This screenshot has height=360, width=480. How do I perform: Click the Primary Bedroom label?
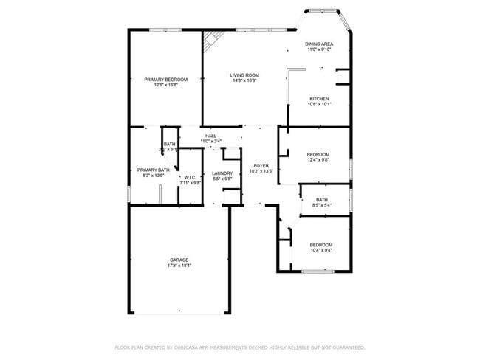pyautogui.click(x=165, y=79)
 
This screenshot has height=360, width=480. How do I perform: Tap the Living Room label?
pyautogui.click(x=244, y=75)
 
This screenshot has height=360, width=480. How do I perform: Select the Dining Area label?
pyautogui.click(x=319, y=44)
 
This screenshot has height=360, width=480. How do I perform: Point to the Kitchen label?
pyautogui.click(x=319, y=98)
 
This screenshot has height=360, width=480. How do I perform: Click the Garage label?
pyautogui.click(x=179, y=260)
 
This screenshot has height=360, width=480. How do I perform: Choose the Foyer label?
pyautogui.click(x=261, y=165)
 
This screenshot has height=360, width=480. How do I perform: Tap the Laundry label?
pyautogui.click(x=222, y=173)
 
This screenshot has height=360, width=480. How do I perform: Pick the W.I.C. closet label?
pyautogui.click(x=191, y=177)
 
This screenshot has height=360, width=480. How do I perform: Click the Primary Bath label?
pyautogui.click(x=153, y=170)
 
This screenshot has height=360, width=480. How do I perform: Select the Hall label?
pyautogui.click(x=210, y=136)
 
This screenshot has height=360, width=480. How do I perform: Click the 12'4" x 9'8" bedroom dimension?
pyautogui.click(x=318, y=159)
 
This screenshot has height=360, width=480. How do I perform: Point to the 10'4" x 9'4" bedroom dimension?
pyautogui.click(x=321, y=250)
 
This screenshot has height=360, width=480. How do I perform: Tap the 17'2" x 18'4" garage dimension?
pyautogui.click(x=179, y=266)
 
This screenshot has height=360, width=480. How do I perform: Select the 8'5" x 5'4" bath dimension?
pyautogui.click(x=322, y=205)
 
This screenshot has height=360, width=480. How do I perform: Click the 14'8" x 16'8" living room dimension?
pyautogui.click(x=244, y=80)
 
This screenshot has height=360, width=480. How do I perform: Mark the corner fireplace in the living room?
pyautogui.click(x=211, y=41)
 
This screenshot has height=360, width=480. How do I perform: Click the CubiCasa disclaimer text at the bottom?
pyautogui.click(x=239, y=347)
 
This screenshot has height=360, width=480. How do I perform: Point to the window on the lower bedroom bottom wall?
pyautogui.click(x=318, y=271)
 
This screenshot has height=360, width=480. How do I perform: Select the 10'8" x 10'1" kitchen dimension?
pyautogui.click(x=319, y=104)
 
